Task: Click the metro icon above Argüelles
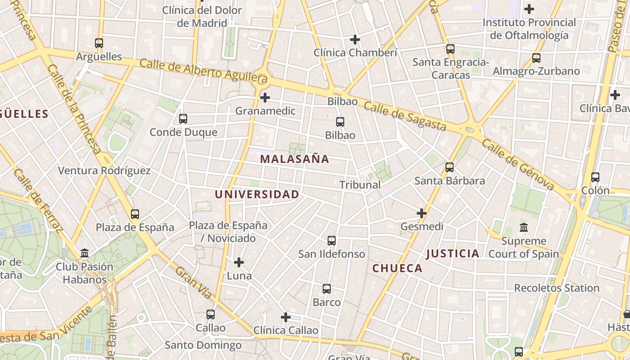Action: (99, 43)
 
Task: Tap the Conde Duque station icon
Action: (183, 119)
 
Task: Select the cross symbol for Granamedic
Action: (265, 97)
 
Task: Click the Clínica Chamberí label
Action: (355, 53)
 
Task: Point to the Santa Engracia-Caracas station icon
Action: (450, 49)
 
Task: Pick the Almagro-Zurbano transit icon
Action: (536, 58)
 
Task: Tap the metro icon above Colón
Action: (595, 177)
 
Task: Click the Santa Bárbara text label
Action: (450, 181)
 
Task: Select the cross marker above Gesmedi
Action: (422, 213)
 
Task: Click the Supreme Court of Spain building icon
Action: (524, 227)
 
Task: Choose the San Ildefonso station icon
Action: (332, 241)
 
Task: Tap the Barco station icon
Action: (327, 289)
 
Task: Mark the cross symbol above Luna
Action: (239, 262)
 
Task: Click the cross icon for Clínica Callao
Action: (286, 317)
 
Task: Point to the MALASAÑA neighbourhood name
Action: (295, 159)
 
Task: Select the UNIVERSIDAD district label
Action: (257, 194)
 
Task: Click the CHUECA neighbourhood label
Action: (398, 269)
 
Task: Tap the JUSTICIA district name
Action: (453, 254)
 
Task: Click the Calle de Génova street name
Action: (517, 164)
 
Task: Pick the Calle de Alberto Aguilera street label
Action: (204, 72)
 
